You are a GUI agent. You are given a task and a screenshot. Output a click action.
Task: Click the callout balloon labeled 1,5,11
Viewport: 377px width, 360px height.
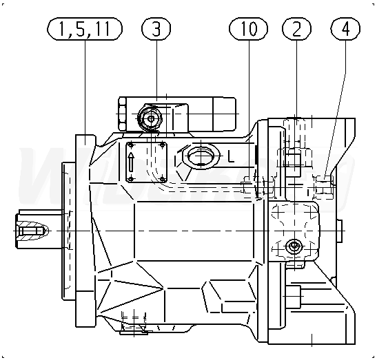(85, 29)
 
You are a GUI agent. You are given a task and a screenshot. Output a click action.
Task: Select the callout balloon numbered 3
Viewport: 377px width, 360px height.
(156, 29)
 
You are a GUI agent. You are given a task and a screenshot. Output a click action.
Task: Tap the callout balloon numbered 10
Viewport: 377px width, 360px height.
(248, 29)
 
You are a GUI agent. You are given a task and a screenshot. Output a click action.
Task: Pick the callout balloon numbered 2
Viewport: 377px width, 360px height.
(296, 29)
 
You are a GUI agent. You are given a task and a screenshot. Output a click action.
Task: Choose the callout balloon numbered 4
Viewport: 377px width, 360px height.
(345, 29)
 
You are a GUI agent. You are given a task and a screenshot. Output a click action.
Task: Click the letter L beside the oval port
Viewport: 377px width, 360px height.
(231, 158)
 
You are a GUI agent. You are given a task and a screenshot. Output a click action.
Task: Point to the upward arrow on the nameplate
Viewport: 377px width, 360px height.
(130, 162)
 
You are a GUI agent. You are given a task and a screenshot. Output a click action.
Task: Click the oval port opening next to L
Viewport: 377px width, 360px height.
(201, 156)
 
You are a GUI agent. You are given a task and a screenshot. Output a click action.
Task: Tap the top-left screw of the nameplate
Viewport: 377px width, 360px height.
(130, 145)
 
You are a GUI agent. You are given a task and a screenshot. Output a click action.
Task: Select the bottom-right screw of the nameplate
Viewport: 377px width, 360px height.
(163, 179)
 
